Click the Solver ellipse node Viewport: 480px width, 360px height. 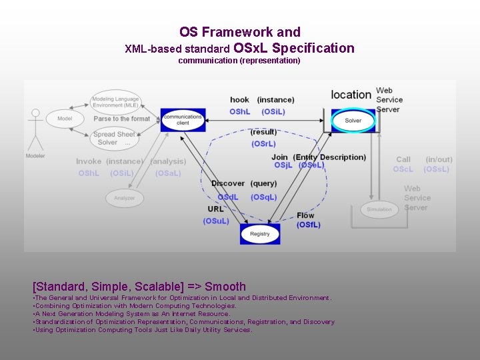(x=353, y=121)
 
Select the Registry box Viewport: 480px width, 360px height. (x=260, y=234)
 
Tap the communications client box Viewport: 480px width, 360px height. (x=183, y=120)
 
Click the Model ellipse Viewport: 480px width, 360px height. (x=65, y=119)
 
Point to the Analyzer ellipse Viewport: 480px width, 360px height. (x=124, y=198)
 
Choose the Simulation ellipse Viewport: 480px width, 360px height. (x=379, y=209)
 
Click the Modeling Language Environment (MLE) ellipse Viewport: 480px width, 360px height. (x=116, y=102)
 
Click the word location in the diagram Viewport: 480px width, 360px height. (x=351, y=95)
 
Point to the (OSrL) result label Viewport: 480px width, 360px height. (x=263, y=144)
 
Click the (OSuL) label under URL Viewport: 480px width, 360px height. (x=216, y=221)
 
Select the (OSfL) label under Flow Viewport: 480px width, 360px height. (x=308, y=225)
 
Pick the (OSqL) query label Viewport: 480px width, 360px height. (x=264, y=197)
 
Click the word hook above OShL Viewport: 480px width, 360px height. (x=239, y=100)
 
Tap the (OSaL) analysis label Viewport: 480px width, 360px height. (x=167, y=173)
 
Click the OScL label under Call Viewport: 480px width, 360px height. (x=403, y=169)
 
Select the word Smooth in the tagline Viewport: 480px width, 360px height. (x=225, y=287)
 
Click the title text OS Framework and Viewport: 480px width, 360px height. (x=240, y=32)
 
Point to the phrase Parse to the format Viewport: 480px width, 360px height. (x=122, y=119)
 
